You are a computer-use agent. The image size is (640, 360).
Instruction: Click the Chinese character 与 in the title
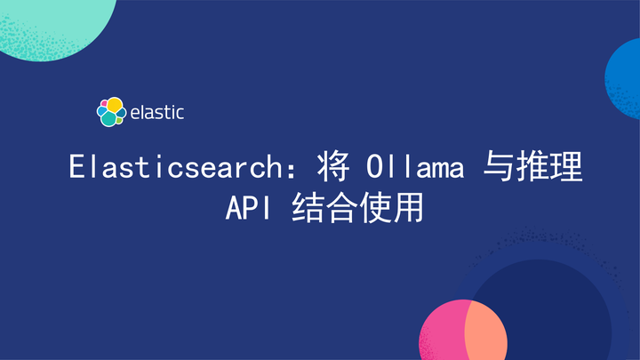tap(499, 166)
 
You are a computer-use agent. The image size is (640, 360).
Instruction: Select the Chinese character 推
tap(534, 166)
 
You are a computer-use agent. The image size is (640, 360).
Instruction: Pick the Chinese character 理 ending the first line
tap(567, 166)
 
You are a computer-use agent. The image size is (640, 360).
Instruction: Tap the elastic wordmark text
tap(156, 113)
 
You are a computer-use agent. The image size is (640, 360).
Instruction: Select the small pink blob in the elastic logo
tap(103, 103)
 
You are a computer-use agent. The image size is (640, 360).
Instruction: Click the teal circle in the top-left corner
tap(44, 18)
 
